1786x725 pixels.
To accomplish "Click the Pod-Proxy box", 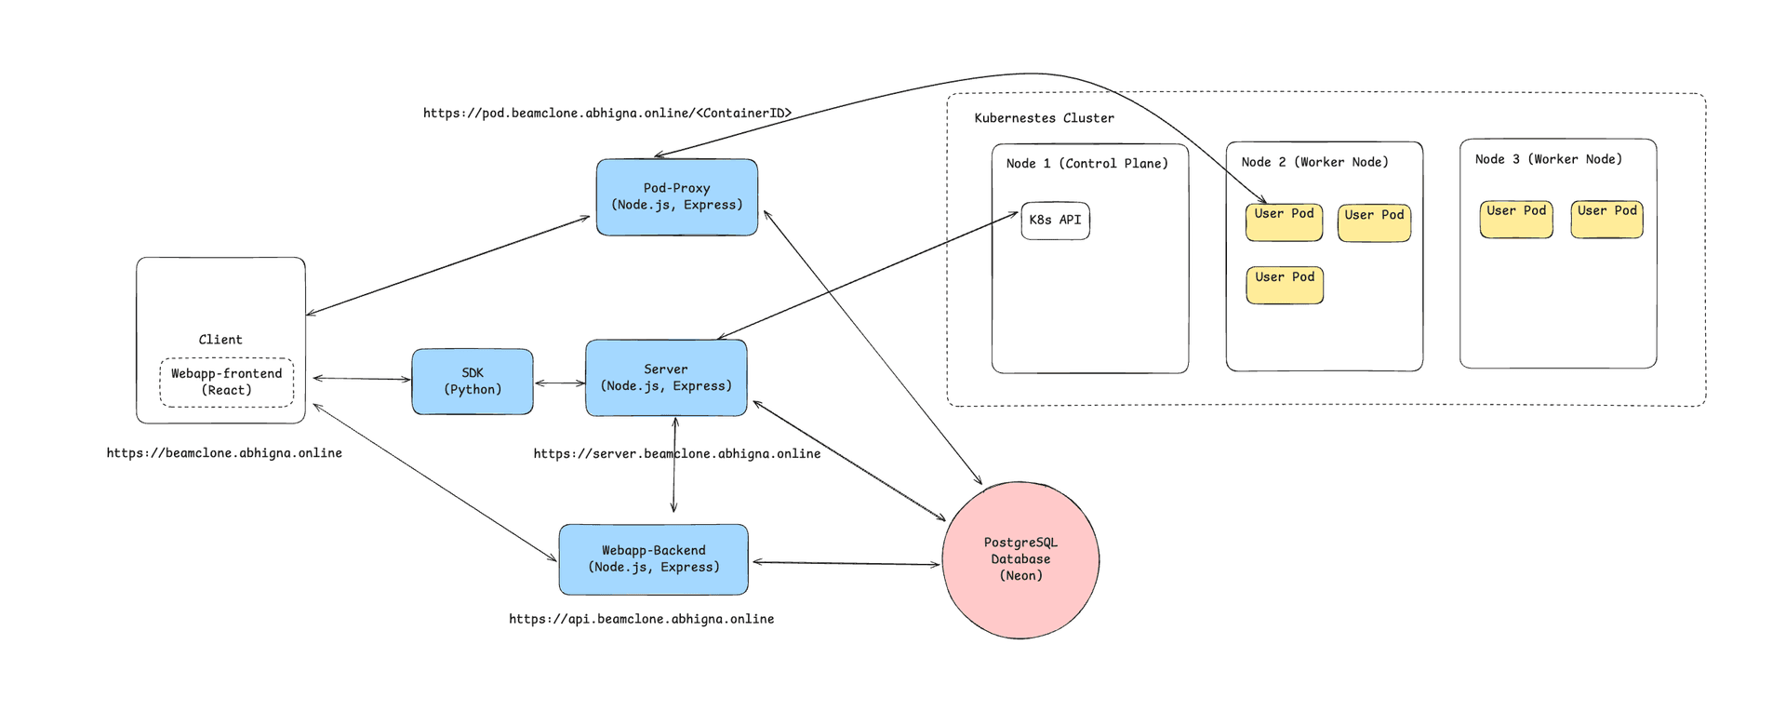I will click(676, 197).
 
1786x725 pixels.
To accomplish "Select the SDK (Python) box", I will click(473, 382).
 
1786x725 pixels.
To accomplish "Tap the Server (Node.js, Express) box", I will click(666, 378).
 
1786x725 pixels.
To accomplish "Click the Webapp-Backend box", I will click(653, 559).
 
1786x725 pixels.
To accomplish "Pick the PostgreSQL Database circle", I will click(1020, 559).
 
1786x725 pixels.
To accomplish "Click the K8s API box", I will click(1055, 221).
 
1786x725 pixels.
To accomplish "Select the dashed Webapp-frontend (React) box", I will click(226, 383).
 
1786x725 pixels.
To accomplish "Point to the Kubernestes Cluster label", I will click(1044, 118).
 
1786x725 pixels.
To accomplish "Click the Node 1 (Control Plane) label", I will click(1086, 164).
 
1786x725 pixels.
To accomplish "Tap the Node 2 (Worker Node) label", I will click(1314, 162).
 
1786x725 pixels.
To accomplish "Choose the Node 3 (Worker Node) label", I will click(1548, 159).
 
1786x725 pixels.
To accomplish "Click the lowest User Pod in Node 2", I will click(1285, 285).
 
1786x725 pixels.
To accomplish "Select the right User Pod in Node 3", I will click(1606, 220).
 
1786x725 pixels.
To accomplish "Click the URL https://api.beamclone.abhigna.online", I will click(641, 619).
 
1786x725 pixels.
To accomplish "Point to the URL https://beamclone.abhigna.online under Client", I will click(224, 453).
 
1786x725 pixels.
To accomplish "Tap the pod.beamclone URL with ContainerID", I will click(606, 114).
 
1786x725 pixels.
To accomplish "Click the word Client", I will click(220, 340).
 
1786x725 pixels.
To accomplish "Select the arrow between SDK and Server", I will click(559, 383).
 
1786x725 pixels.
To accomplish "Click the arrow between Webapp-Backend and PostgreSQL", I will click(845, 563).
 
